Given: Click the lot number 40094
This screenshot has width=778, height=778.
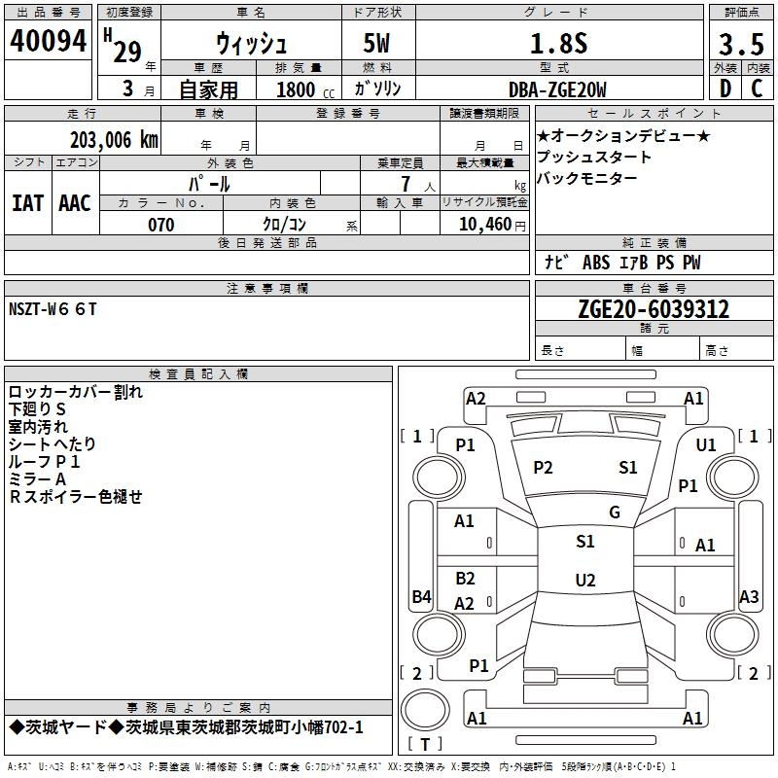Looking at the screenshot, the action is (x=49, y=42).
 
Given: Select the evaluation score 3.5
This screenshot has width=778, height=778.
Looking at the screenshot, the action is (x=740, y=45).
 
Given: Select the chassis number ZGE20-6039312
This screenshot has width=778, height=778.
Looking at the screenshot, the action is (x=654, y=309).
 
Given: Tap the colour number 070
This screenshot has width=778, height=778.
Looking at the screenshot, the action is (x=160, y=225).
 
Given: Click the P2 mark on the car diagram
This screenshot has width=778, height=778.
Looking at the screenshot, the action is (x=543, y=468).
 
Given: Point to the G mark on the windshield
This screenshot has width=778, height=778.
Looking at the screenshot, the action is (x=614, y=513).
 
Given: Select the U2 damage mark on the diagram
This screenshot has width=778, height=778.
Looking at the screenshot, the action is (x=584, y=581).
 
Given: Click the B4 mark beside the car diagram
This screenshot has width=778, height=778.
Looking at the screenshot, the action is (x=421, y=597).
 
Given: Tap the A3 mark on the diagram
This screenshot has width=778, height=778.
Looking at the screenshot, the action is (x=749, y=597).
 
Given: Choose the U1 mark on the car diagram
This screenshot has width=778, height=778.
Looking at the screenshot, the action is (x=706, y=445).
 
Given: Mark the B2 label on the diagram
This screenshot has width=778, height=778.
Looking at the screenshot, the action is (x=465, y=579).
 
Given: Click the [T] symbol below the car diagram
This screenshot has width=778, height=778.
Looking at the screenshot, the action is (x=425, y=744).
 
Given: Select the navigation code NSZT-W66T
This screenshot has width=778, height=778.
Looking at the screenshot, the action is (x=53, y=308).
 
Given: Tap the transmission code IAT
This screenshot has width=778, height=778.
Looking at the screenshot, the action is (x=27, y=203).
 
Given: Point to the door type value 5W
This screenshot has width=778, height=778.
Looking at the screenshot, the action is (x=378, y=44).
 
